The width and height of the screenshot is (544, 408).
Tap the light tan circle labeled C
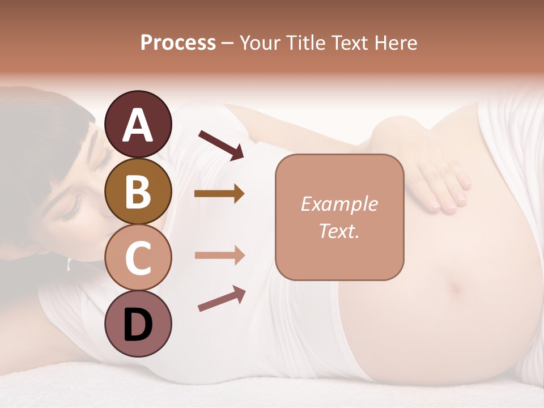[138, 258]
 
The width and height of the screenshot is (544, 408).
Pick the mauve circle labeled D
[138, 324]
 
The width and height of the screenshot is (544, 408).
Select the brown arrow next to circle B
[219, 194]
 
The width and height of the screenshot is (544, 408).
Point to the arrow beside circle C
[219, 255]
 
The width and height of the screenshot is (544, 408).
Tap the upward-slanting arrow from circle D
[222, 299]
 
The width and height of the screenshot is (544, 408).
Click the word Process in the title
[178, 43]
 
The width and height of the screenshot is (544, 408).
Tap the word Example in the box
[339, 204]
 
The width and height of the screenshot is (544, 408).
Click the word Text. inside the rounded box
[339, 231]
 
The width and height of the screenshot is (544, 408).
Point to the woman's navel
[455, 288]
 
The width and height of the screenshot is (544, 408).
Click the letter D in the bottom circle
[138, 325]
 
